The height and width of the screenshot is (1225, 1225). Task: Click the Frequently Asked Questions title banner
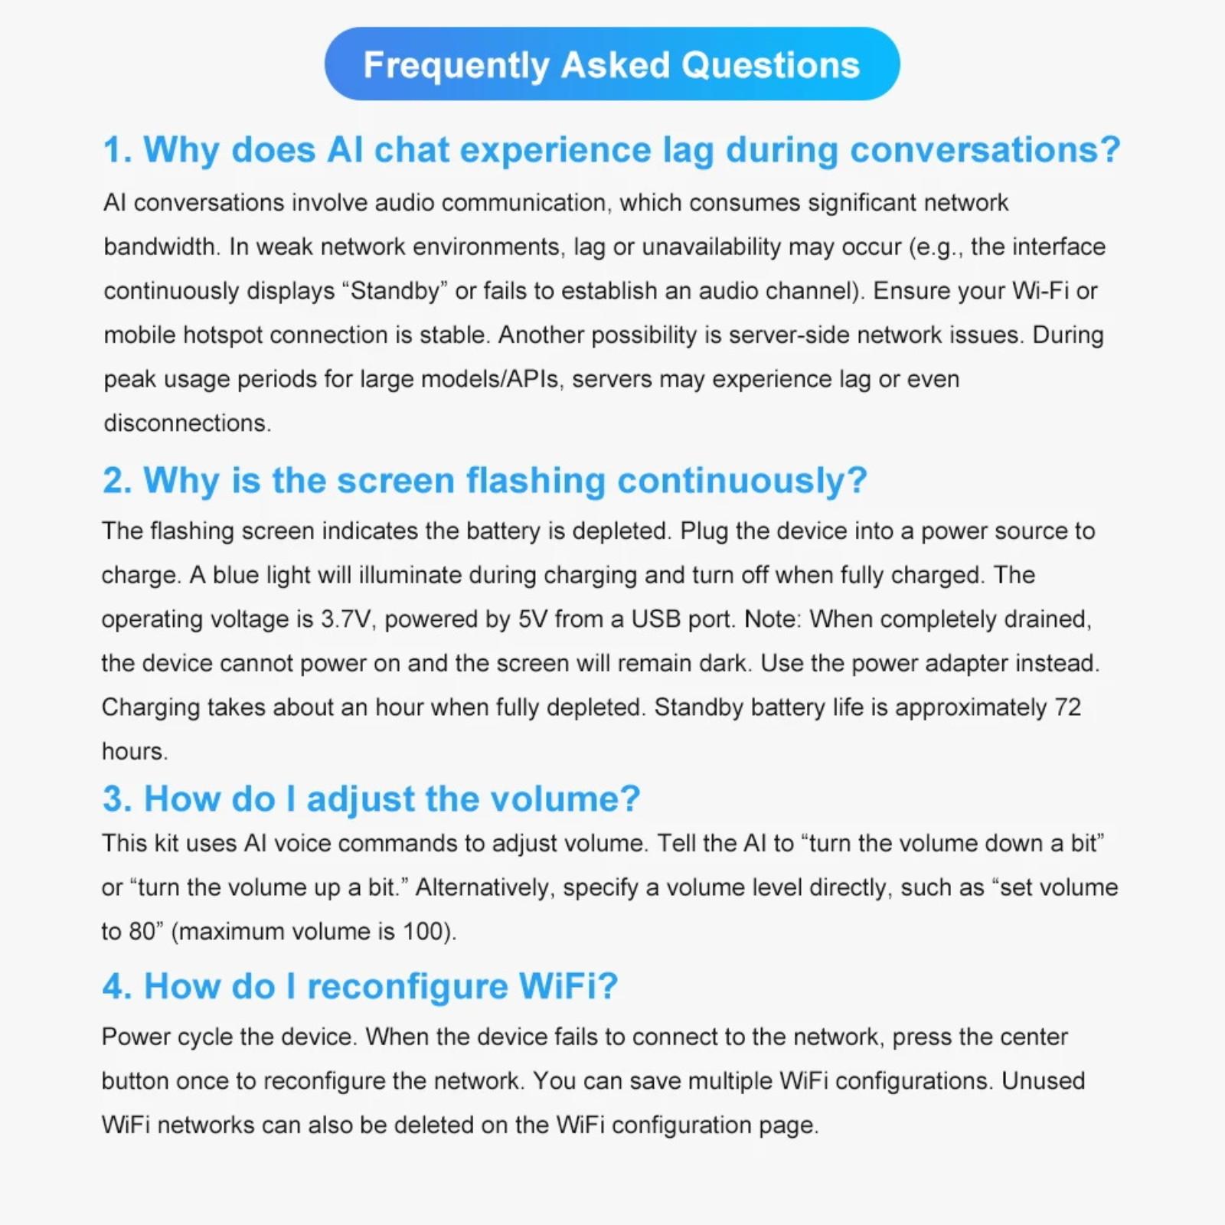[x=612, y=64]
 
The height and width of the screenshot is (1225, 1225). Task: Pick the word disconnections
[x=187, y=423]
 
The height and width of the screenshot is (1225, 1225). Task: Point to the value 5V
[x=533, y=619]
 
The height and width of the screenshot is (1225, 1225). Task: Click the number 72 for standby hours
[x=1067, y=707]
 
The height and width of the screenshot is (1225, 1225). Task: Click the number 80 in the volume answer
[x=142, y=932]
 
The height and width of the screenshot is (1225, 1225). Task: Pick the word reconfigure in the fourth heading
[x=407, y=986]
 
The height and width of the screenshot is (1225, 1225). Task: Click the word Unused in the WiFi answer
[x=1043, y=1080]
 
